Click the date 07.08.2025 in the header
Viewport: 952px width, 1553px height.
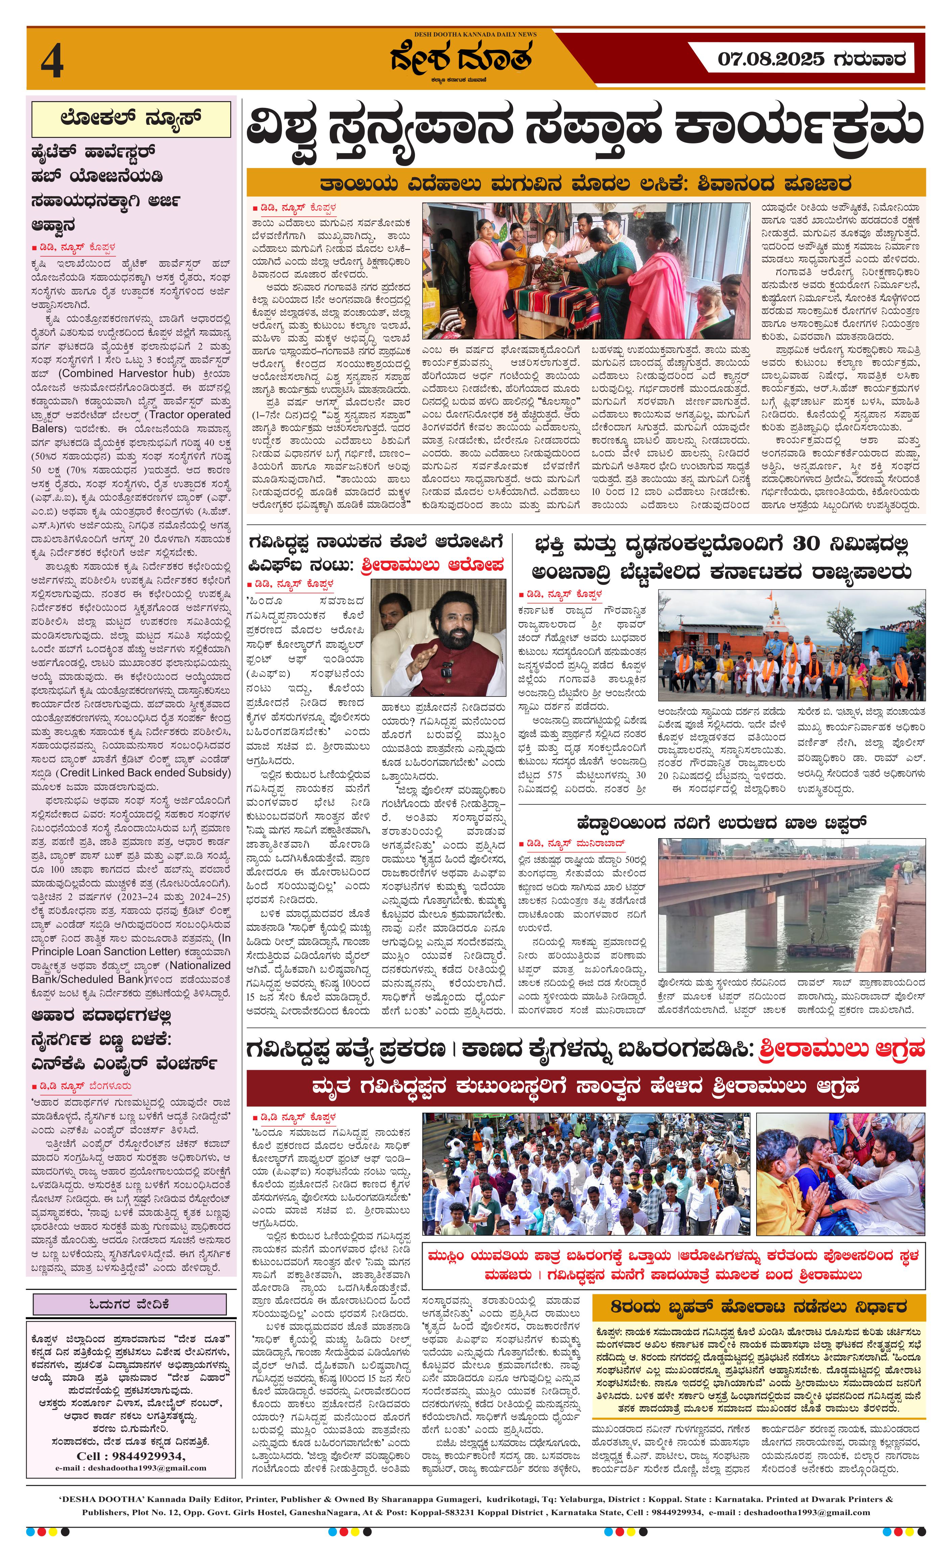pyautogui.click(x=770, y=59)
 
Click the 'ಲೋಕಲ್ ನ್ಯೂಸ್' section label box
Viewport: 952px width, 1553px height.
pyautogui.click(x=131, y=118)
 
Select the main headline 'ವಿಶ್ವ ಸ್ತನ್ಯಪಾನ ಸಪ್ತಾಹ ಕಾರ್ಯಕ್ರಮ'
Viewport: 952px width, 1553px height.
pyautogui.click(x=585, y=127)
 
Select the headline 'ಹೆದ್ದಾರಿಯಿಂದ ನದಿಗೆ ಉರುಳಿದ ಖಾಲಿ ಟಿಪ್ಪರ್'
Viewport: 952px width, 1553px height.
pyautogui.click(x=722, y=823)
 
